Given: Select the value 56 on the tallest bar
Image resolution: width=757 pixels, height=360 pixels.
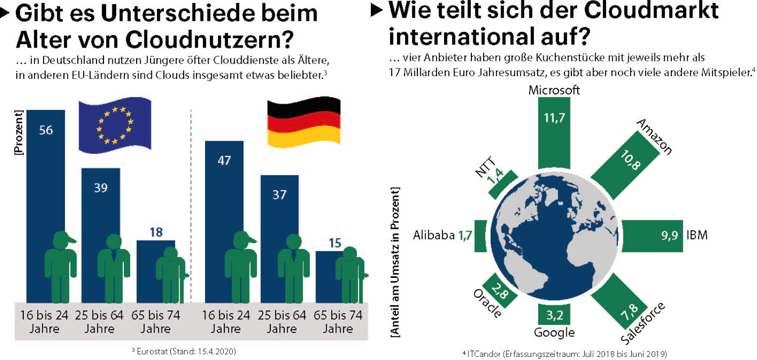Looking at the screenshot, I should [x=46, y=130].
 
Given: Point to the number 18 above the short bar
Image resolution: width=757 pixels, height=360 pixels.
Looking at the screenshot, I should [x=156, y=232].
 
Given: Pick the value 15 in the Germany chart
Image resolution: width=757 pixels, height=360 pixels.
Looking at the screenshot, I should [x=335, y=243].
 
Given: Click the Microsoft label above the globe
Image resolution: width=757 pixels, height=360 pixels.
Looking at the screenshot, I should [x=554, y=90].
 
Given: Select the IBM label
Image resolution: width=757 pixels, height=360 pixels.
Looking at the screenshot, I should [x=697, y=235].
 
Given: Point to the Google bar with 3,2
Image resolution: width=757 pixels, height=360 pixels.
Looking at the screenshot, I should [x=554, y=313].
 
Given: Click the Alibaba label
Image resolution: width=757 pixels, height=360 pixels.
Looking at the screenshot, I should [x=434, y=235].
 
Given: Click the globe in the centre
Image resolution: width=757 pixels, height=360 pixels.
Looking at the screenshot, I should [x=554, y=237].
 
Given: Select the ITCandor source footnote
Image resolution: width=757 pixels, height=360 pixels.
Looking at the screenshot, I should [x=564, y=354].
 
